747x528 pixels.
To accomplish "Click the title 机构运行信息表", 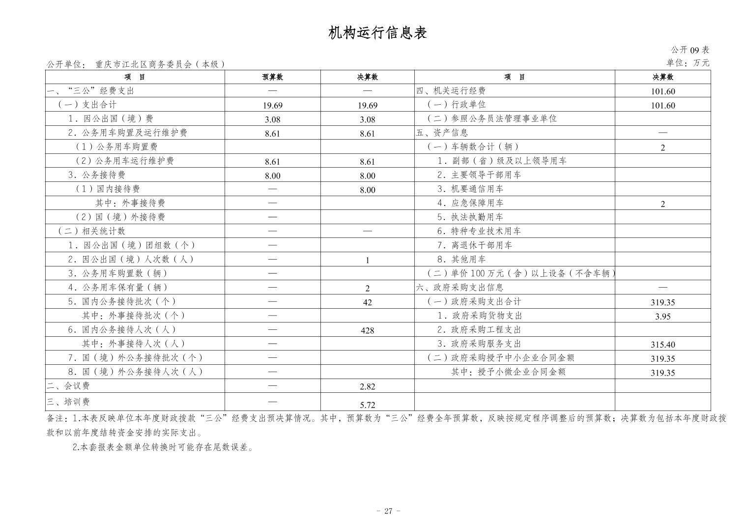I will (x=377, y=33).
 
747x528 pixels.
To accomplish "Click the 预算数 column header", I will (x=272, y=77).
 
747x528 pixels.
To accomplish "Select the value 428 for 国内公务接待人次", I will (x=367, y=331).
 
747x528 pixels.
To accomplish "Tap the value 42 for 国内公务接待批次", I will (x=367, y=303).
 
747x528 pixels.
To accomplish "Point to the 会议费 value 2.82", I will (x=367, y=387).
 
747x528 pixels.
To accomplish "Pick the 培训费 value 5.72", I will (x=367, y=405).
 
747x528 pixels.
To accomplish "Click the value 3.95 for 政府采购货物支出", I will (x=662, y=317).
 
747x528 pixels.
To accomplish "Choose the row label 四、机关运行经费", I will (x=451, y=91).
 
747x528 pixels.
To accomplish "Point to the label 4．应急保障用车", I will (x=470, y=203).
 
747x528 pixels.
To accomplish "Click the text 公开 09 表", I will (x=690, y=50).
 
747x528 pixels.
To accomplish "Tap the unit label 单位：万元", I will (x=688, y=63).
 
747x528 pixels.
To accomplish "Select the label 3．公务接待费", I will (x=97, y=175).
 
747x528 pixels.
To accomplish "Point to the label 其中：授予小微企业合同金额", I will (x=508, y=372).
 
